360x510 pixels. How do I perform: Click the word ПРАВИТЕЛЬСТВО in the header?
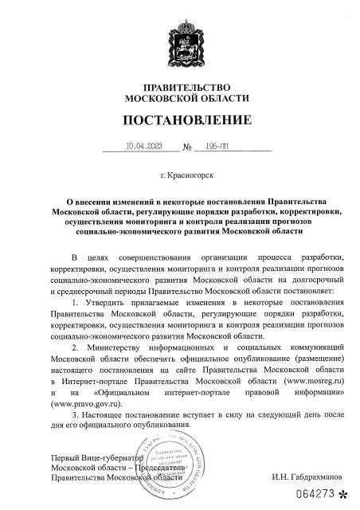[180, 86]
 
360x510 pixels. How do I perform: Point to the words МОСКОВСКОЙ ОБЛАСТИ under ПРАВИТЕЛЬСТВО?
[180, 98]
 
